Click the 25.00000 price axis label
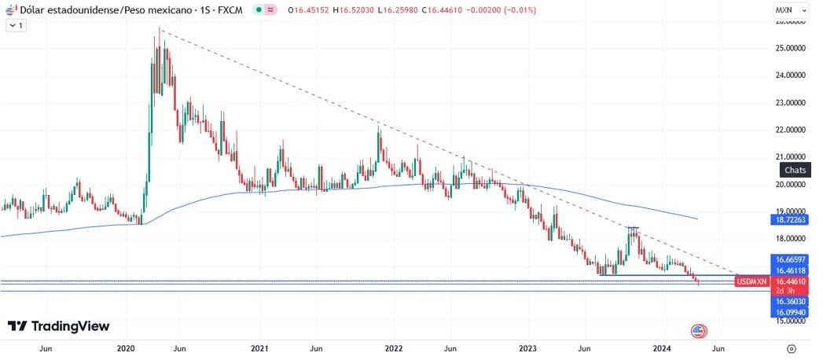[790, 49]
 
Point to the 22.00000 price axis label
[790, 130]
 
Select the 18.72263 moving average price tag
[792, 221]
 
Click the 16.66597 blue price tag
[792, 259]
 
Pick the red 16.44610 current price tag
[792, 281]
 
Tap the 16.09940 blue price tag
[792, 312]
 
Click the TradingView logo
[58, 326]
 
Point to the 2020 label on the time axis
[126, 347]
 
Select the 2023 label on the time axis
[528, 347]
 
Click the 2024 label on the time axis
[663, 347]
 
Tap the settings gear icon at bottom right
[792, 347]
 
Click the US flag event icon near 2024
[698, 331]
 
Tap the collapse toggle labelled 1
[16, 25]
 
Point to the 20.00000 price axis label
[790, 184]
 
